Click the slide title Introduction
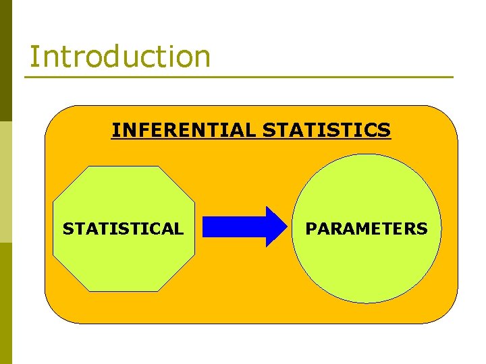119,57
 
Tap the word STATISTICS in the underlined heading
326,129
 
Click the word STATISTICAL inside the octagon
123,229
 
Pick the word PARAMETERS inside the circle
367,229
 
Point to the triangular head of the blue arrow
275,226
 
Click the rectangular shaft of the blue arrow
234,226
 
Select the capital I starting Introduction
33,57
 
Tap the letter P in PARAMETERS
310,229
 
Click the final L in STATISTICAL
179,229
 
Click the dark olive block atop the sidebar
5,61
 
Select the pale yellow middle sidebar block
5,182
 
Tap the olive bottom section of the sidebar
5,303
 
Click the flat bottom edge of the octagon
124,291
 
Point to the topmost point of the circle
367,154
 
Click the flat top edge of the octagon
124,166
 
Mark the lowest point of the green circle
367,303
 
